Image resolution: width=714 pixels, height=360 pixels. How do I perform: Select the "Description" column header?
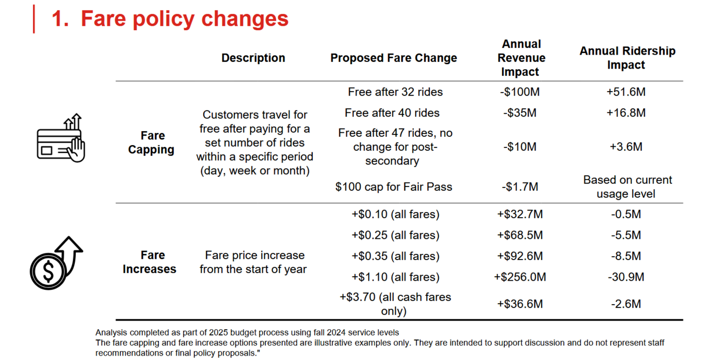[253, 58]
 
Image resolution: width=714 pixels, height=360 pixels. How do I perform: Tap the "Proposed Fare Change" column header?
[393, 58]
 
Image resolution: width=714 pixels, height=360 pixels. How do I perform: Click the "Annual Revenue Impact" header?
[522, 58]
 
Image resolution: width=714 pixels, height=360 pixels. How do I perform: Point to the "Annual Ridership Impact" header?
[627, 58]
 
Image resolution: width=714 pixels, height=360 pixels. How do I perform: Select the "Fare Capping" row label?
[152, 142]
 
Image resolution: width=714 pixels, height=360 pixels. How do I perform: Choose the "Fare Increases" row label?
[149, 262]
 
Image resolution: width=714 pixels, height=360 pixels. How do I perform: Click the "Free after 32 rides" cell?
[395, 92]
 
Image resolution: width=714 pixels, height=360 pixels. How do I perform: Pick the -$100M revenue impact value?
[519, 92]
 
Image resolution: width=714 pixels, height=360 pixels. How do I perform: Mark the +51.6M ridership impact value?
[626, 92]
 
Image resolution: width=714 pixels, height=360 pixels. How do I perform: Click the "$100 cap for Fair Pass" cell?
[394, 187]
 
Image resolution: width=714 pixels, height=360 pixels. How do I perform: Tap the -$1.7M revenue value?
[519, 187]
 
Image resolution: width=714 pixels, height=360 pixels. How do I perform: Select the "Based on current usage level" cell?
[627, 187]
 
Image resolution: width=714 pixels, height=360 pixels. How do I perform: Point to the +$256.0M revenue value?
[520, 277]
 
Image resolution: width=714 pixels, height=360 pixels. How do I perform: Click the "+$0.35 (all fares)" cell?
[395, 256]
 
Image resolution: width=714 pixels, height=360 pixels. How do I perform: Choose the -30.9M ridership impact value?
[625, 277]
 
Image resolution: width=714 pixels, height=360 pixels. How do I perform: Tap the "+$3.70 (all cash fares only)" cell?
[395, 304]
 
